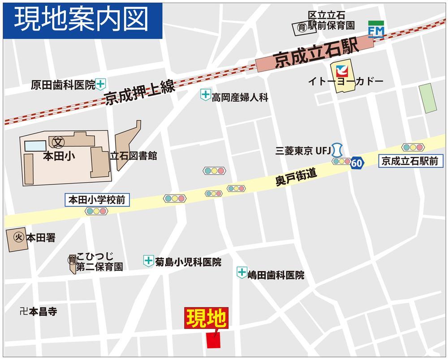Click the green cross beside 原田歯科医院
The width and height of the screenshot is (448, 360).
101,83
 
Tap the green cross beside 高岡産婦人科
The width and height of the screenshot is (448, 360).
205,94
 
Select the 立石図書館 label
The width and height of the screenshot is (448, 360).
134,156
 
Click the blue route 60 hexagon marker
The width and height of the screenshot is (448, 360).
357,163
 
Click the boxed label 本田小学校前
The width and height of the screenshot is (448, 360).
97,200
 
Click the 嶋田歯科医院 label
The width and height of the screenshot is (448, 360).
276,275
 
